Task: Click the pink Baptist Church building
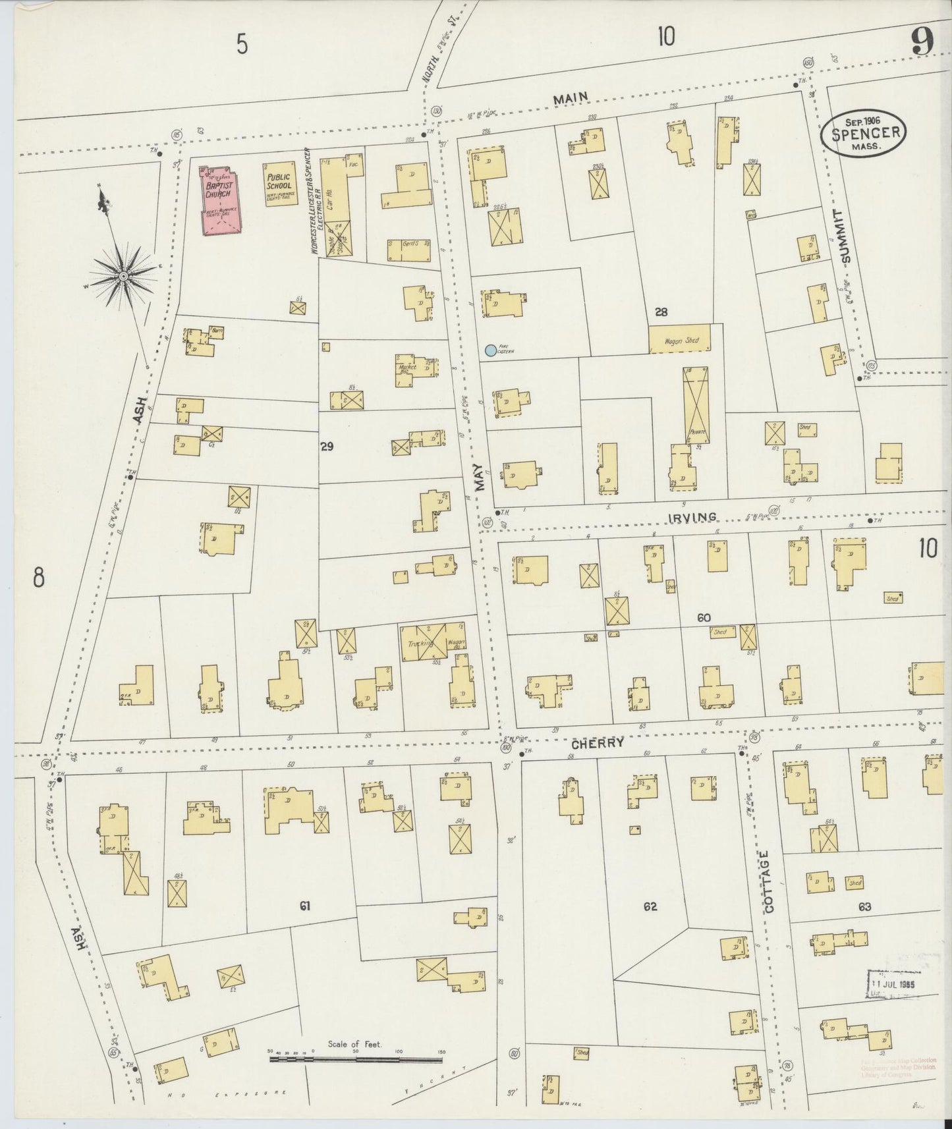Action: coord(221,200)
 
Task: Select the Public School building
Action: coord(279,185)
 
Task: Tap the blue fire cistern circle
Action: coord(490,351)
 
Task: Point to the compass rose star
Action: coord(123,278)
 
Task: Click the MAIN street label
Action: coord(570,99)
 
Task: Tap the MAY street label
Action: coord(479,479)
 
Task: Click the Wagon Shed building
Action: coord(681,339)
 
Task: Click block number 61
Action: coord(304,906)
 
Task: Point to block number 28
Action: coord(661,312)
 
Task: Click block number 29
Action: coord(326,447)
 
